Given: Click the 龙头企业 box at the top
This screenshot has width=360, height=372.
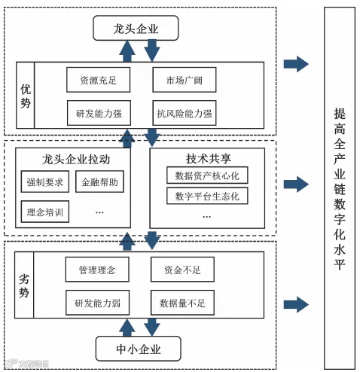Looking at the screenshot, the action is click(x=136, y=28).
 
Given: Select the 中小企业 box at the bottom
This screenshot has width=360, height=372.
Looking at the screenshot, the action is click(x=139, y=349).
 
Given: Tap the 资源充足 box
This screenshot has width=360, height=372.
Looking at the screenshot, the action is click(x=98, y=80).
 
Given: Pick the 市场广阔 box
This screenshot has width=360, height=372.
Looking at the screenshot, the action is click(x=185, y=80).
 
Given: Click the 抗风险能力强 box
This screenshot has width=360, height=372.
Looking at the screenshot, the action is click(x=185, y=113).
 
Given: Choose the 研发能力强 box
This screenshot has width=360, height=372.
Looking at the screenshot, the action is click(x=99, y=113).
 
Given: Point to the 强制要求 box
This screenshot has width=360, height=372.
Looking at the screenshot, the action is click(x=45, y=181).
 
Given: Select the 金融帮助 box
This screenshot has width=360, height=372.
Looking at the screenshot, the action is click(x=99, y=181).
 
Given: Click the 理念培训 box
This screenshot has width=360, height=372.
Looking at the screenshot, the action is click(x=45, y=212).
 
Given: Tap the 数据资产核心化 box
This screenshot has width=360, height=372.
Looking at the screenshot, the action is click(x=207, y=175).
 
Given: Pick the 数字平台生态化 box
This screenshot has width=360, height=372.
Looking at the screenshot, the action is click(x=207, y=196).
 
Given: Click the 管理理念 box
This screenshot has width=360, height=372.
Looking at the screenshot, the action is click(x=97, y=270).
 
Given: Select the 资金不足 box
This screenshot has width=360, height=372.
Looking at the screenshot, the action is click(x=182, y=270).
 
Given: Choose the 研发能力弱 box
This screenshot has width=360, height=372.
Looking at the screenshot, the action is click(x=97, y=303).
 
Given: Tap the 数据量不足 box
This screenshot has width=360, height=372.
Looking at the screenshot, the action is click(x=182, y=303).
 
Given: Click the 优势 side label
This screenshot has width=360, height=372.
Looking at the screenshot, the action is click(x=26, y=96).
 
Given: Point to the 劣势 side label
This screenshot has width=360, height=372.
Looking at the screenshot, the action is click(x=24, y=285).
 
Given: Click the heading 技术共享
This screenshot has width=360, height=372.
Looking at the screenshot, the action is click(x=209, y=159).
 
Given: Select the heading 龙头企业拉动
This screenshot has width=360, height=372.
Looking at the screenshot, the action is click(x=76, y=160).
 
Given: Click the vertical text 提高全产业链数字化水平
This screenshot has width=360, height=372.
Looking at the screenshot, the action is click(x=340, y=189).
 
